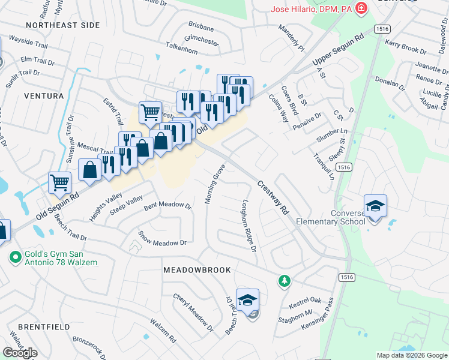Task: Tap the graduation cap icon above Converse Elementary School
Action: [x=375, y=206]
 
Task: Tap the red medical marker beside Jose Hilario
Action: [x=361, y=8]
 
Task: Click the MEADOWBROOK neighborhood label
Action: [x=197, y=271]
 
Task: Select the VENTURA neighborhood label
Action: [x=44, y=96]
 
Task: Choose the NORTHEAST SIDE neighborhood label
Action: [x=62, y=25]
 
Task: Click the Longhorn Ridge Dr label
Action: [x=249, y=226]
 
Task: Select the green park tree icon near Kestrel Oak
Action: [x=284, y=280]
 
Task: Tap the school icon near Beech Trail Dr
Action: [x=247, y=300]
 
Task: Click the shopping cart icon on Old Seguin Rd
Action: [x=59, y=182]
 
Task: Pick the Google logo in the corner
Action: [x=20, y=353]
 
